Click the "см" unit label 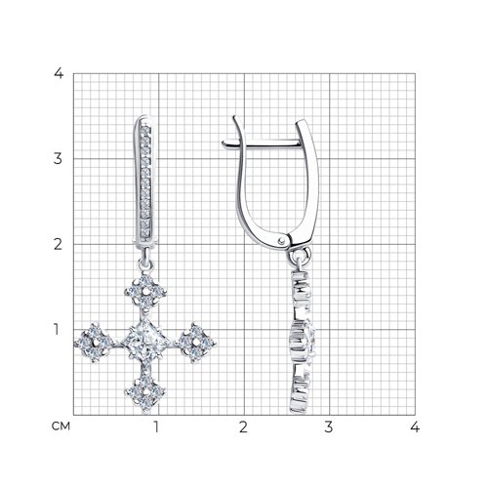61,426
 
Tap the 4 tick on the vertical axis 59,73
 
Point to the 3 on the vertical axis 58,158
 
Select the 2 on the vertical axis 58,244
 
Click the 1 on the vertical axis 57,329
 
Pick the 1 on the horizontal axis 157,427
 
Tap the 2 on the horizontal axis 243,427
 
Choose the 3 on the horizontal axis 329,427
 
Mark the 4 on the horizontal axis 415,427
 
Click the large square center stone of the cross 145,342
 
